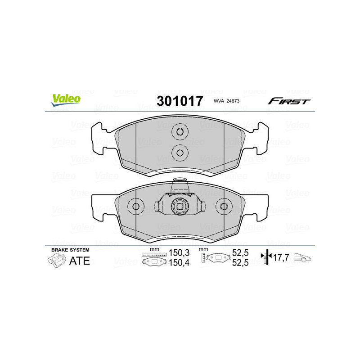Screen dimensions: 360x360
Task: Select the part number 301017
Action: tap(180, 101)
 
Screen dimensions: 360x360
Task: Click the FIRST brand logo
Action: tap(289, 101)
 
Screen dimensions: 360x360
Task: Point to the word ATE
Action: tap(79, 261)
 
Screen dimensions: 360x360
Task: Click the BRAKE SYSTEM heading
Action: tap(70, 250)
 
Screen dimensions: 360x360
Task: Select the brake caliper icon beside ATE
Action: tap(55, 261)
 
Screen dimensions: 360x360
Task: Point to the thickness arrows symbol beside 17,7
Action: tap(267, 257)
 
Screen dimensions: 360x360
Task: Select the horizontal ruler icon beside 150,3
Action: tap(154, 255)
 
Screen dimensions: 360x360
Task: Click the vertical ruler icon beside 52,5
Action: tap(204, 258)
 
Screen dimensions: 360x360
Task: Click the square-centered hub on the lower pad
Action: tap(180, 206)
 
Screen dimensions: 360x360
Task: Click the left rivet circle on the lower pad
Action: tap(136, 207)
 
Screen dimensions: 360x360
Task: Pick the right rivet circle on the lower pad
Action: tap(223, 207)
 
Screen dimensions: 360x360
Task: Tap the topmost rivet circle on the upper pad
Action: tap(180, 132)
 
